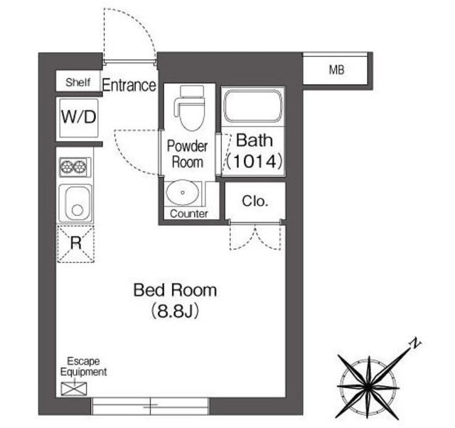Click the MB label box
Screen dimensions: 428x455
pos(336,70)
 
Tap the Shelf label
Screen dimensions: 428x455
pos(78,82)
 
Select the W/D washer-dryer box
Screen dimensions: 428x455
pos(78,117)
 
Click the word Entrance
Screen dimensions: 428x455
pos(129,85)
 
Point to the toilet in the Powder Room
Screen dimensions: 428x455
pos(188,108)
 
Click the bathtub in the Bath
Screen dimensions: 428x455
pos(254,107)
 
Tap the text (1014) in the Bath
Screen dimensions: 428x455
pos(255,161)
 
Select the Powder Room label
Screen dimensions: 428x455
pos(187,154)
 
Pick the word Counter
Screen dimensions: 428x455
pos(189,214)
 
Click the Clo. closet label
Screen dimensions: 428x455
pos(255,201)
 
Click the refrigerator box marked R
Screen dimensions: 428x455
pos(75,243)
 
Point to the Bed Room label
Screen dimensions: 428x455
pos(175,291)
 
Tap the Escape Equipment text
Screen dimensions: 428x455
pos(83,367)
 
